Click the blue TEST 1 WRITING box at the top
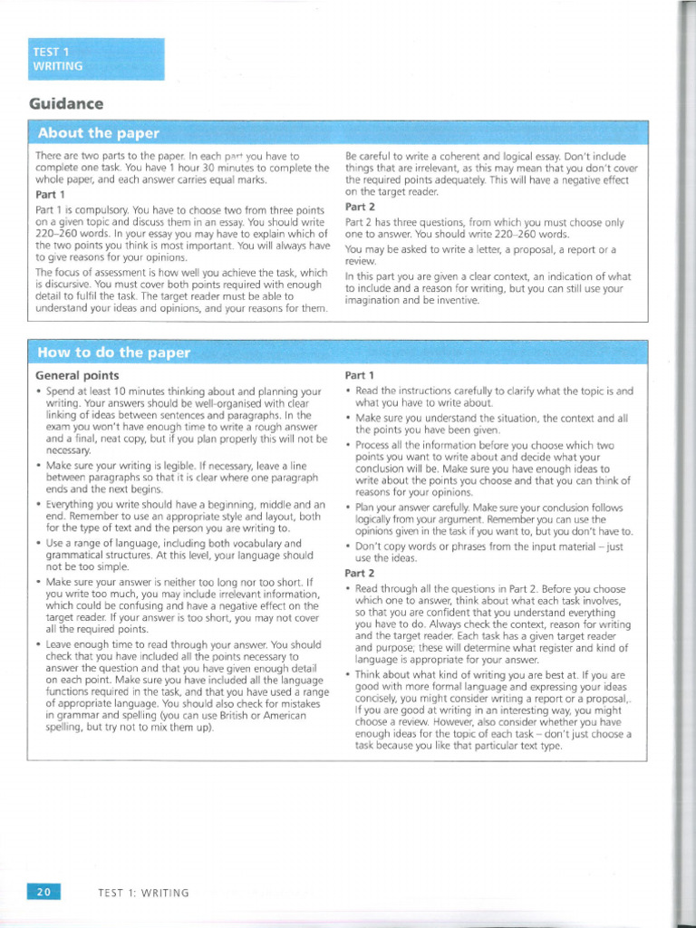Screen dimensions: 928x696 (96, 59)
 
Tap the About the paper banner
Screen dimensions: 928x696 (97, 133)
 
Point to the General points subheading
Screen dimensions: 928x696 (77, 375)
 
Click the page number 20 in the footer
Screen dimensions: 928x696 (43, 892)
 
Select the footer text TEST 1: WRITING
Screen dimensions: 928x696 (143, 893)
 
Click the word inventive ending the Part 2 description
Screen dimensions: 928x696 (454, 301)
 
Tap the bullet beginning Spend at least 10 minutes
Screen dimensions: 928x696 (39, 391)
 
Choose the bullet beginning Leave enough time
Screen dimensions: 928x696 (39, 644)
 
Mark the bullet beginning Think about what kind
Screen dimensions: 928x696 (349, 676)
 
